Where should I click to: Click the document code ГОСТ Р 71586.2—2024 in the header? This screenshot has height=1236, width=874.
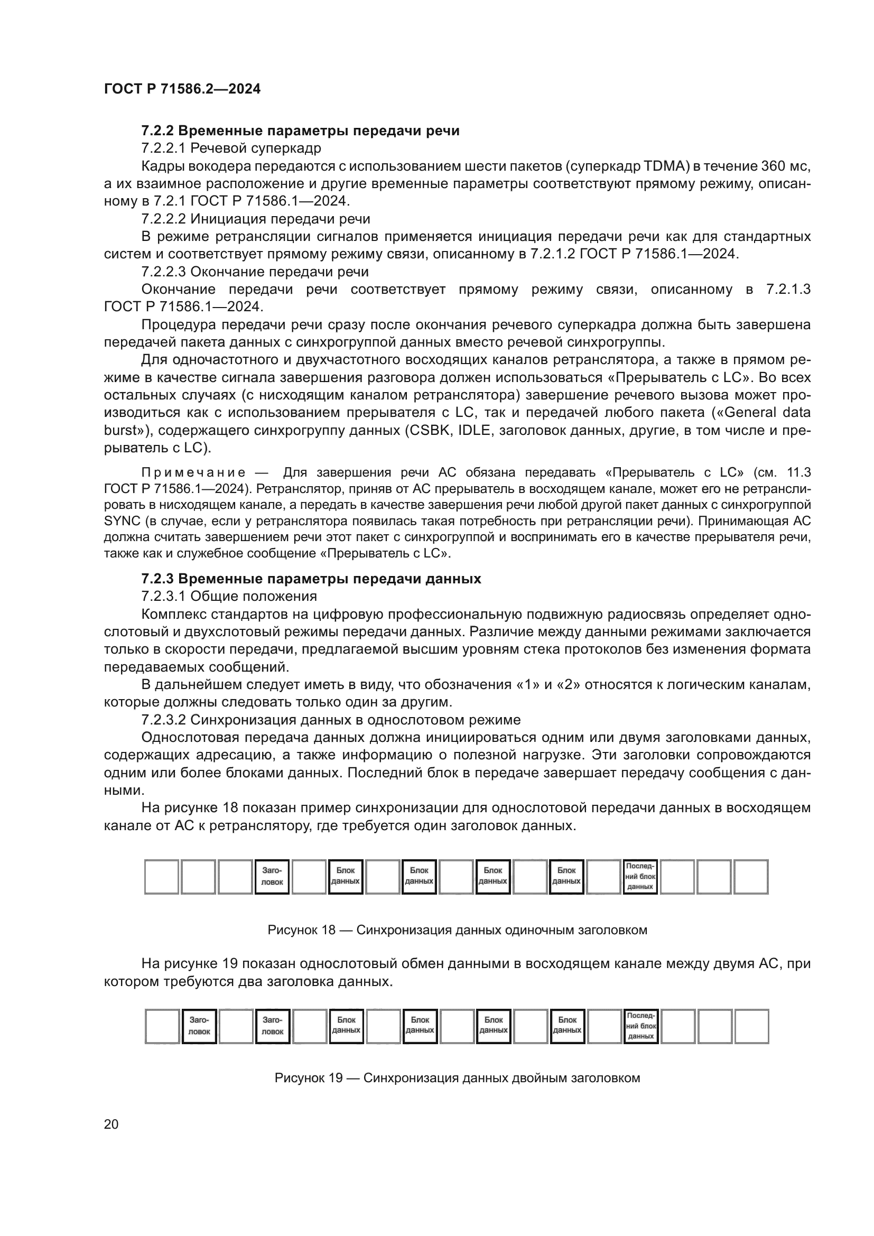182,89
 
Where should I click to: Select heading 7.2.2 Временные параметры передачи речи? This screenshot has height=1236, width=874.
300,131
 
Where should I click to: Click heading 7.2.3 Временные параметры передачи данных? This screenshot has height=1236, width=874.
311,579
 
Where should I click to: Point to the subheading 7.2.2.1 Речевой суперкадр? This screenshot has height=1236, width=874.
231,148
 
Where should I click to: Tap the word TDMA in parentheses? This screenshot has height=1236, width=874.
666,166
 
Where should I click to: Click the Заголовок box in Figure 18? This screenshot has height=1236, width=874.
272,877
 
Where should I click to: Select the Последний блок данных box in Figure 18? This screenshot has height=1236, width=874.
640,877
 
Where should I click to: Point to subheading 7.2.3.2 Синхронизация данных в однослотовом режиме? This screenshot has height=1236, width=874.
330,720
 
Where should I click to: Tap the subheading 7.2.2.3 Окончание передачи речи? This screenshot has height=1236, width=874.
255,272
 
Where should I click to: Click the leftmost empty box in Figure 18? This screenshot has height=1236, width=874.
162,877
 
